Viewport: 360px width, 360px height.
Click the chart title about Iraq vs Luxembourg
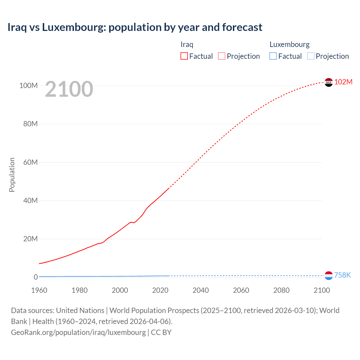tap(135, 27)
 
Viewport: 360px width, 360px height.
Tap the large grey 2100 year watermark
tap(69, 89)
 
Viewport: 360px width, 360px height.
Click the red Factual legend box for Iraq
tap(184, 56)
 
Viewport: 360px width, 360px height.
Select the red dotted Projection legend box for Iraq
tap(222, 56)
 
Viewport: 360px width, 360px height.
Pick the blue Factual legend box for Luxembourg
tap(273, 56)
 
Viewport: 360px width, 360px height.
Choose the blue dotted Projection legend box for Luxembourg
tap(310, 56)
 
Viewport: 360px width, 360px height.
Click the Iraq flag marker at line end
tap(328, 82)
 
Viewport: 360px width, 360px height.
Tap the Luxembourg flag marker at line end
tap(328, 276)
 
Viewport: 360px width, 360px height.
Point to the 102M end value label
tap(343, 82)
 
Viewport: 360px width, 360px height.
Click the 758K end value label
tap(342, 275)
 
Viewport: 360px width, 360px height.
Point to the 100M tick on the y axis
tap(28, 86)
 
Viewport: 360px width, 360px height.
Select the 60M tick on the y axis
tap(30, 162)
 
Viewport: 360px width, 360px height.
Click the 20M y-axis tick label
tap(30, 239)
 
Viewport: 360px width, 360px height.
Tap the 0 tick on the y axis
tap(36, 277)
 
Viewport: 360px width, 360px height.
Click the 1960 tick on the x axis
tap(39, 290)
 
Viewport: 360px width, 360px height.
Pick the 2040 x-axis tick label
tap(201, 290)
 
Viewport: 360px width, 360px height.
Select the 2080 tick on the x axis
tap(281, 290)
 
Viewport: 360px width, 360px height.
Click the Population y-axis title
tap(12, 175)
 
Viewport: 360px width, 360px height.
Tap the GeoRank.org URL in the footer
tap(78, 332)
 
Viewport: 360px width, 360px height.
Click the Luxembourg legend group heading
tap(289, 44)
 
